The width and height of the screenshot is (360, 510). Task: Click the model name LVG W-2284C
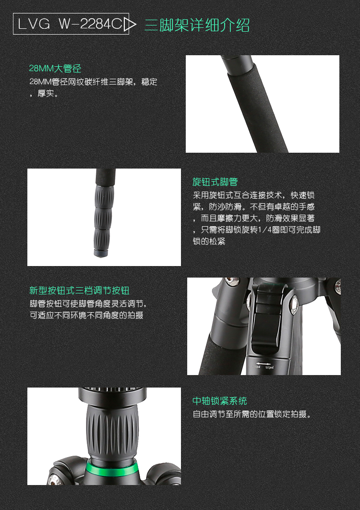70,24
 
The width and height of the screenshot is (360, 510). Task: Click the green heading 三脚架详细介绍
197,25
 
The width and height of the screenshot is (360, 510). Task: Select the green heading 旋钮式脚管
215,182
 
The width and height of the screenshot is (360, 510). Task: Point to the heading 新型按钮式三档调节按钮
79,291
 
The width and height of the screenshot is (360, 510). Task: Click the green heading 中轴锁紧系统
220,401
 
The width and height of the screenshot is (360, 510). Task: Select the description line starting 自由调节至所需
252,414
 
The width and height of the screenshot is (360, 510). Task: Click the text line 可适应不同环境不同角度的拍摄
86,316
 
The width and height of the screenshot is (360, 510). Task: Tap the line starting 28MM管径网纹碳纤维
93,82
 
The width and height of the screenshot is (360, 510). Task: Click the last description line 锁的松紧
209,241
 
